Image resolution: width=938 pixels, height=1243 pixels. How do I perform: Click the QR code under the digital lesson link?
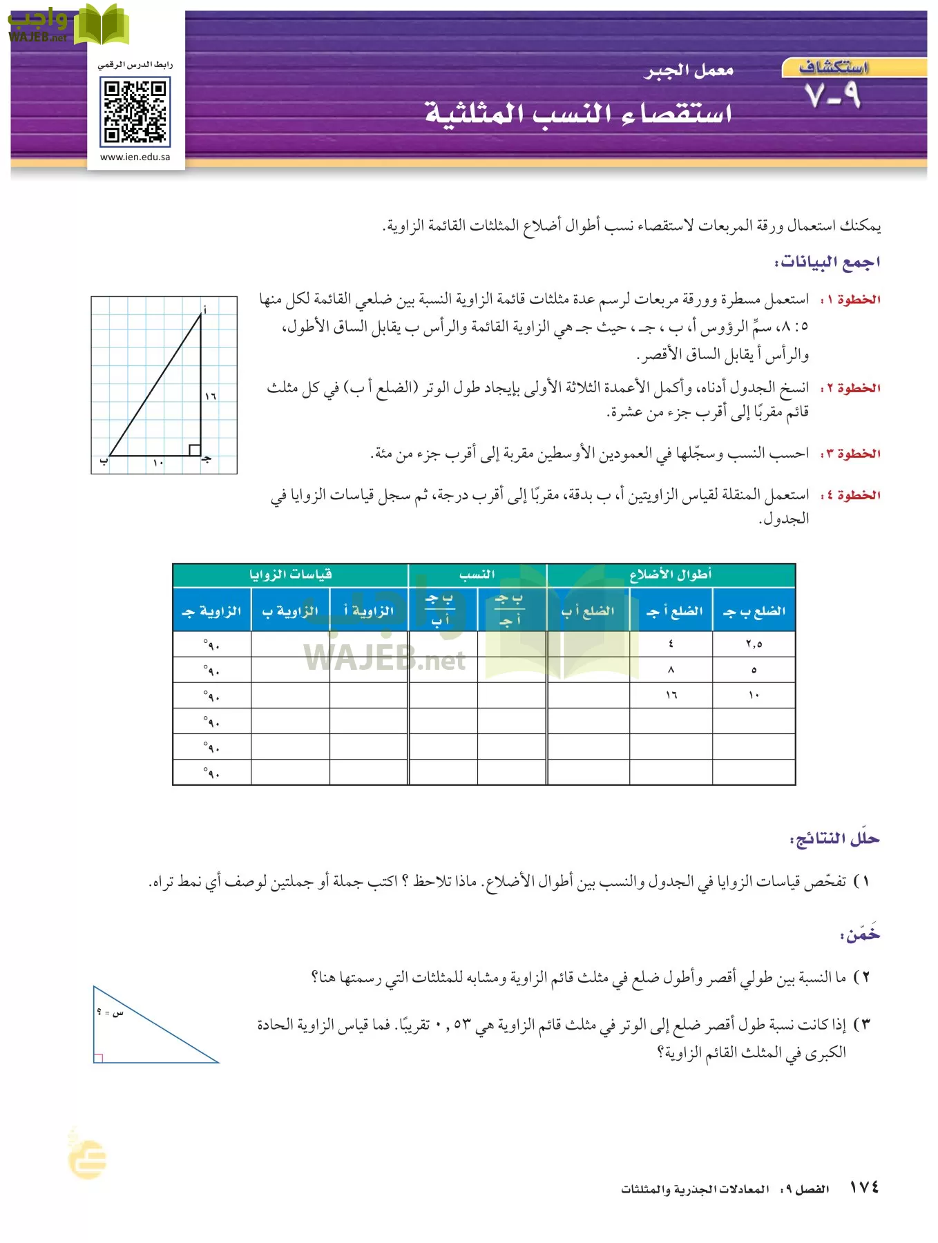(135, 112)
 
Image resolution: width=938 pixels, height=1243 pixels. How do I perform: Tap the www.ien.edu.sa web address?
(135, 157)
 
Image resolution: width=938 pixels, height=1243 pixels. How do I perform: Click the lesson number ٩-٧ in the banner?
(833, 95)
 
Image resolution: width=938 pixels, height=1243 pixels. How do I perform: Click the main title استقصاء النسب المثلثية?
(578, 113)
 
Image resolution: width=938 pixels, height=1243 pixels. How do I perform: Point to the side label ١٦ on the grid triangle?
(211, 396)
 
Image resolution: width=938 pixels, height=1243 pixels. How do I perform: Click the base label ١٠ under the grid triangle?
(158, 463)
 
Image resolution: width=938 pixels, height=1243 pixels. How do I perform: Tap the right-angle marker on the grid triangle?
(195, 450)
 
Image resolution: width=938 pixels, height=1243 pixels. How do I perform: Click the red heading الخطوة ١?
(850, 300)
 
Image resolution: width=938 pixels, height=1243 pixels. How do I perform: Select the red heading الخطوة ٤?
(850, 495)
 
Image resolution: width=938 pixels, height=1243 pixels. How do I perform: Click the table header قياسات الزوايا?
(290, 575)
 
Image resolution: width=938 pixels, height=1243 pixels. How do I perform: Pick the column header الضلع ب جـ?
(754, 611)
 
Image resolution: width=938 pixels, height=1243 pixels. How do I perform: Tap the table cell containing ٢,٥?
(754, 644)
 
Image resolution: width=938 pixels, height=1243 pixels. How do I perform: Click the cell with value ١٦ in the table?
(671, 695)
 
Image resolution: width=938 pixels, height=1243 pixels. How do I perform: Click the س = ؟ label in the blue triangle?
(111, 1012)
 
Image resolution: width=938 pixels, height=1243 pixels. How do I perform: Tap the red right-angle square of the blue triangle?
(98, 1058)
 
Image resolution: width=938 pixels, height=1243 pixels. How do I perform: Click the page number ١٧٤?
(863, 1188)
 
